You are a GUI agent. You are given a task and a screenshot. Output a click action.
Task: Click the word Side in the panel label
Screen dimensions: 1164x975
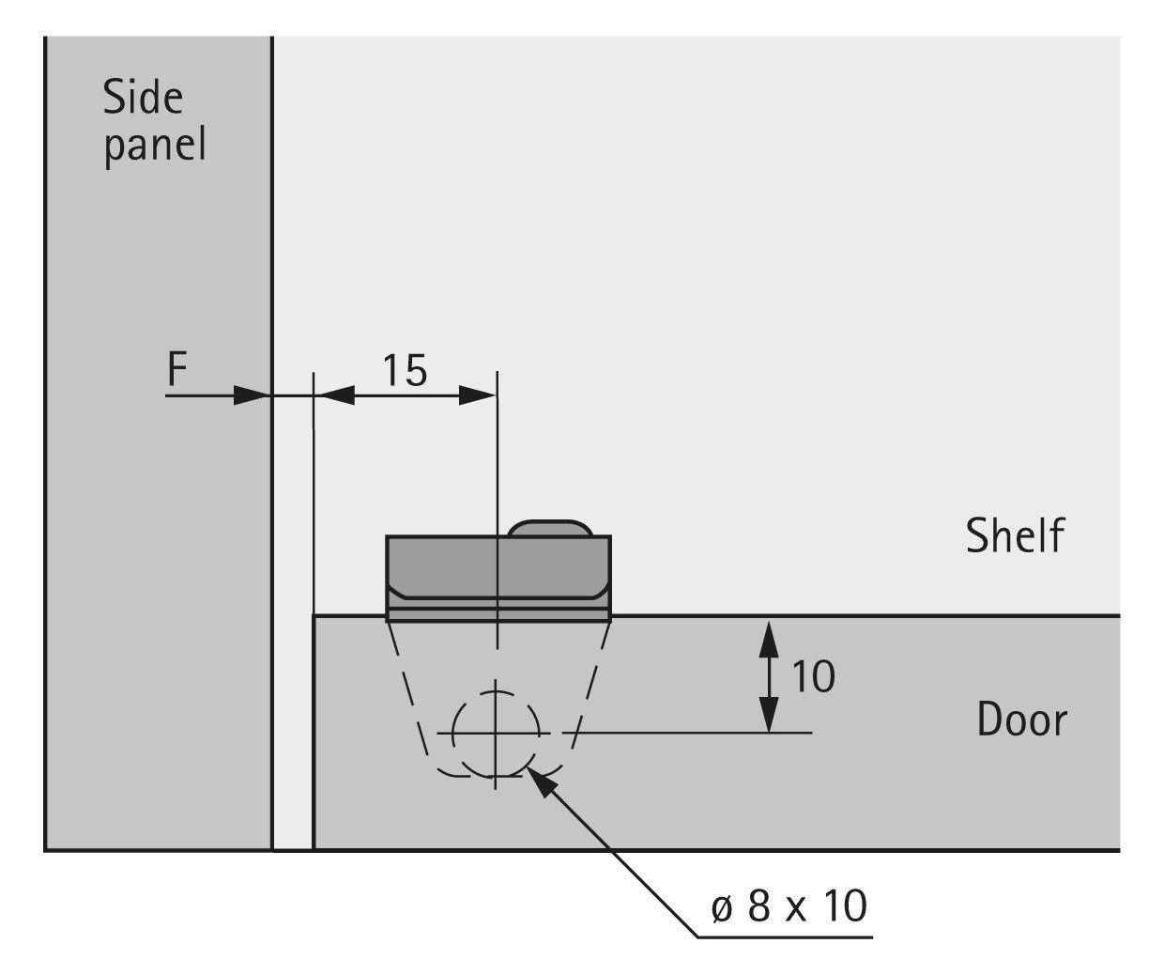(x=144, y=98)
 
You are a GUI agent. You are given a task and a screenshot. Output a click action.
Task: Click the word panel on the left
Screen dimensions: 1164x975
(x=155, y=145)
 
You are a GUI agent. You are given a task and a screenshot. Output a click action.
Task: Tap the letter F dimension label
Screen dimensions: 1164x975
(x=177, y=369)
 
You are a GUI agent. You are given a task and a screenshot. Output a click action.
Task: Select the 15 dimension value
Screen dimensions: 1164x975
(x=406, y=370)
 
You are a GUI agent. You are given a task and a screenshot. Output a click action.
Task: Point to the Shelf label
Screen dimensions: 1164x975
(x=1015, y=535)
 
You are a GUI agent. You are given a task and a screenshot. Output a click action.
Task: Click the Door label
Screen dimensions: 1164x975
(x=1022, y=719)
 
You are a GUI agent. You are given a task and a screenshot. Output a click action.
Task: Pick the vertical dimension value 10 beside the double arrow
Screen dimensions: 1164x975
(x=813, y=676)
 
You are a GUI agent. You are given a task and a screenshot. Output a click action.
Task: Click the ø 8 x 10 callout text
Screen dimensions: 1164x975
(x=789, y=905)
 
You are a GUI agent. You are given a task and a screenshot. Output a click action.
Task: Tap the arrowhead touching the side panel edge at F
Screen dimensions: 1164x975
(x=252, y=395)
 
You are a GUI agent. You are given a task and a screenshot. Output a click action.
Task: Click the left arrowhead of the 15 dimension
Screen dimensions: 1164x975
(x=334, y=395)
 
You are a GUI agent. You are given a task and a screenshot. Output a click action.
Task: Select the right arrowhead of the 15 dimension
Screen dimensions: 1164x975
(x=477, y=395)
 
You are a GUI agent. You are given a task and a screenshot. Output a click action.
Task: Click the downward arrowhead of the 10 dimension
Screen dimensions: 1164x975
(x=769, y=713)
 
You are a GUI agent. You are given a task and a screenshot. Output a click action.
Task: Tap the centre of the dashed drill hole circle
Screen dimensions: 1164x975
(x=496, y=733)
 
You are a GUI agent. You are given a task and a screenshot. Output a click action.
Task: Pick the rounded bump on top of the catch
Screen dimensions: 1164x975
(x=550, y=528)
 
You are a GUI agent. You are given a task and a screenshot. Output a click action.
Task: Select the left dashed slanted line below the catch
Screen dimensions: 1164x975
(x=409, y=690)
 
